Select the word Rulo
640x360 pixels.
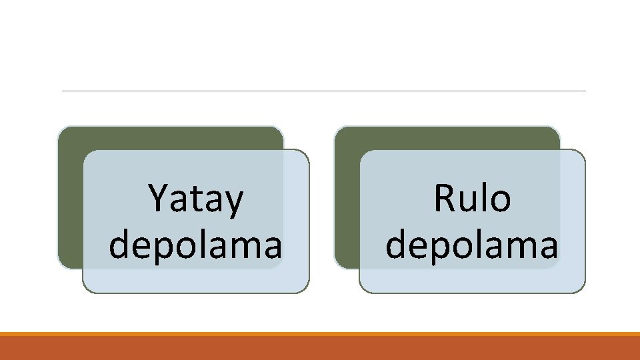[x=472, y=199]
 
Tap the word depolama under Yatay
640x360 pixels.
[x=195, y=245]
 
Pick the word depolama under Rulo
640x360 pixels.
[x=472, y=245]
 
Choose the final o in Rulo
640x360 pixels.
[x=500, y=201]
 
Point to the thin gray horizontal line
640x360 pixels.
[x=323, y=91]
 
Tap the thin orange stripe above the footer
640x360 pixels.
[x=320, y=333]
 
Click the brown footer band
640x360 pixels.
[x=320, y=348]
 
